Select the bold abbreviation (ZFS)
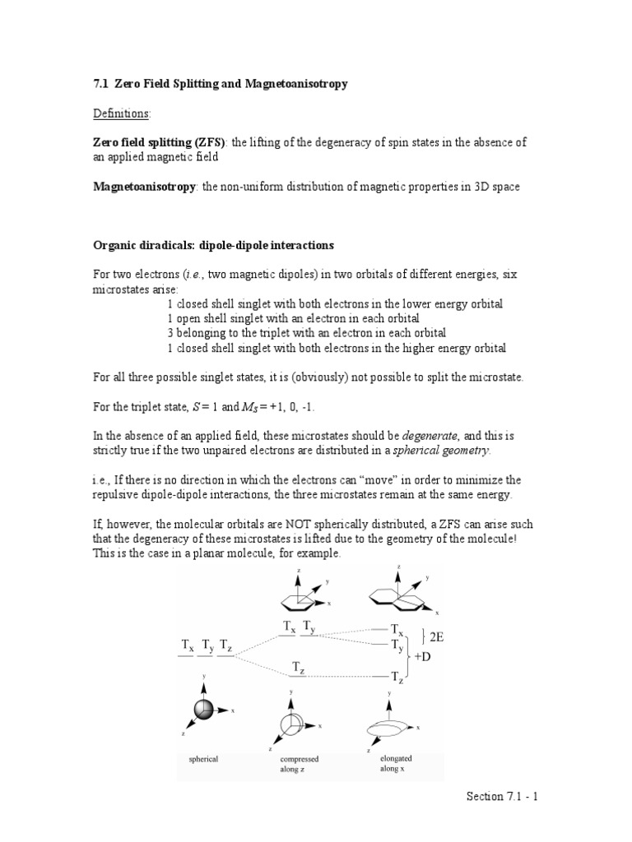point(210,143)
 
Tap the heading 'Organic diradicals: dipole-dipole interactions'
point(212,246)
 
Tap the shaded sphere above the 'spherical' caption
point(203,710)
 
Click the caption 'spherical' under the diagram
point(203,759)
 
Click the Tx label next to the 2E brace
point(396,629)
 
